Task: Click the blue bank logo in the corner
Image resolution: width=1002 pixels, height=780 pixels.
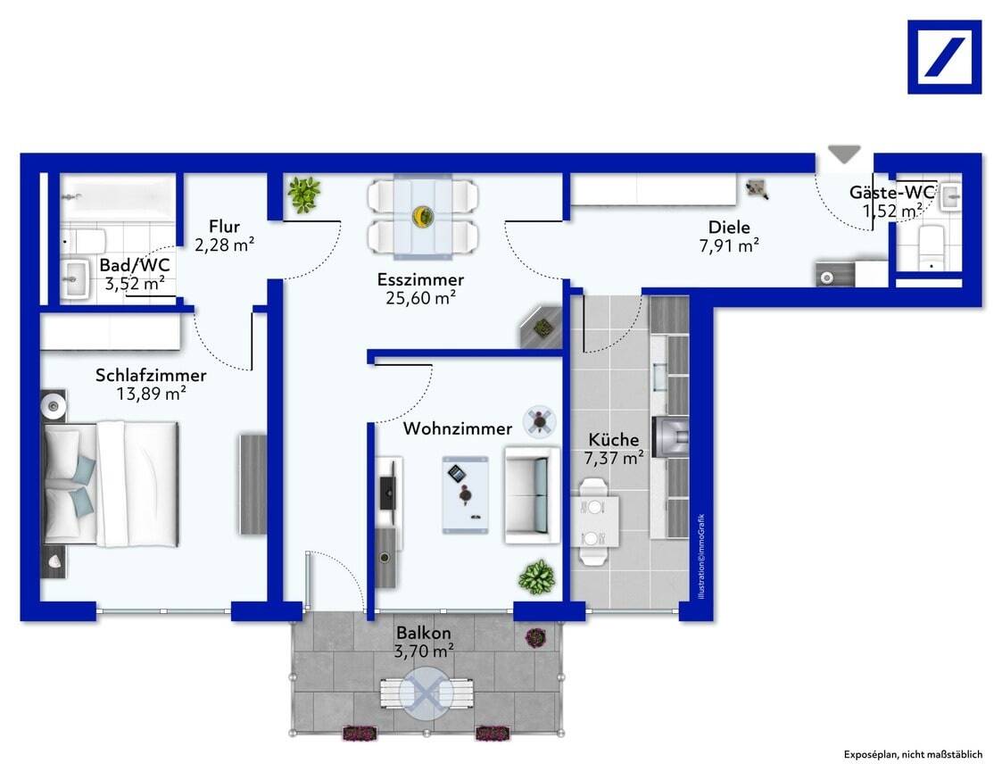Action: click(945, 57)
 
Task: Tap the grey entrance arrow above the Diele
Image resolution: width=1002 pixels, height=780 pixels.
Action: click(844, 154)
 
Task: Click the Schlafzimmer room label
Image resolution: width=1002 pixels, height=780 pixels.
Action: click(151, 376)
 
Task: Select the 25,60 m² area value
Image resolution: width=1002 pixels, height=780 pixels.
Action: click(420, 298)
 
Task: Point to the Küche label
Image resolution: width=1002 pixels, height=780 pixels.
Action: click(614, 440)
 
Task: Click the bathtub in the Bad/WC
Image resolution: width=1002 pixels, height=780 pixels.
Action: click(118, 197)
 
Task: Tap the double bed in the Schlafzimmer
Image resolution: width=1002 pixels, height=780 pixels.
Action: click(110, 484)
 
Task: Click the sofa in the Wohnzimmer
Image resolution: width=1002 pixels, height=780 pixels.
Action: click(532, 495)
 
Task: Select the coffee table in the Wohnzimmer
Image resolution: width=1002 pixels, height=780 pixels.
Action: click(465, 494)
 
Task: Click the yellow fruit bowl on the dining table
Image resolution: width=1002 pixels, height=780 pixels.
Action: click(422, 216)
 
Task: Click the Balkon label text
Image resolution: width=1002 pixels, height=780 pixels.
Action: click(424, 633)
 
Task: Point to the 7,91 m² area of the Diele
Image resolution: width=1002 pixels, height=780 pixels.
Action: click(729, 245)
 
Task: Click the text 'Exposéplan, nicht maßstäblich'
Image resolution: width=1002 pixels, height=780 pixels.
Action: click(913, 754)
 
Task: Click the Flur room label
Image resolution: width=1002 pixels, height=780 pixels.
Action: click(224, 227)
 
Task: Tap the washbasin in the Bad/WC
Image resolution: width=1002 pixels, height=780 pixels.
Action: click(75, 278)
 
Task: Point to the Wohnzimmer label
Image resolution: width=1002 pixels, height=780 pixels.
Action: click(458, 428)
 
